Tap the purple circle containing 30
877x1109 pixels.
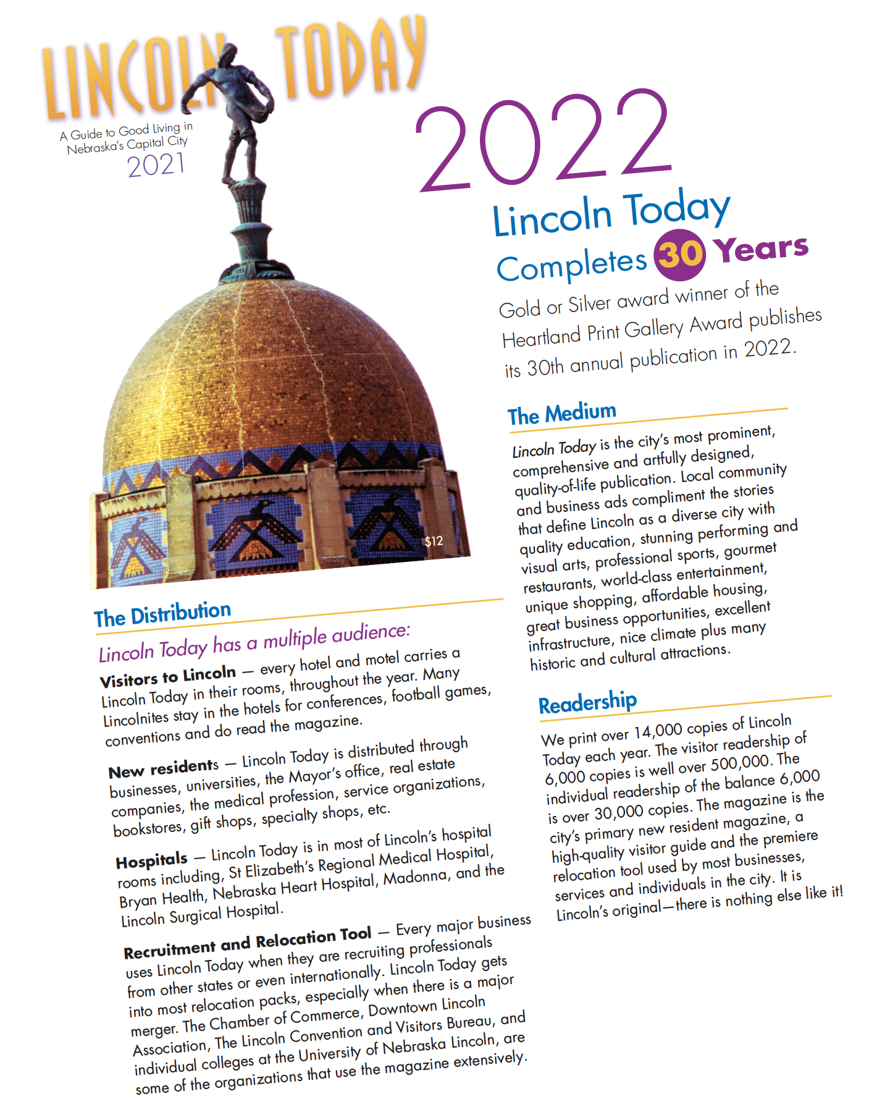tap(680, 254)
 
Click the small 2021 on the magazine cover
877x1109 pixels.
tap(156, 165)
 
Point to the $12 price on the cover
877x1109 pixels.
tap(434, 542)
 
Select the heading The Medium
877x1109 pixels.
tap(562, 414)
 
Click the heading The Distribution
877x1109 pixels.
tap(162, 614)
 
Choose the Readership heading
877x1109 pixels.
tap(587, 702)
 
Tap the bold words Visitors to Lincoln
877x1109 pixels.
tap(168, 676)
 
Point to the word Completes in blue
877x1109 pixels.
tap(571, 265)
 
